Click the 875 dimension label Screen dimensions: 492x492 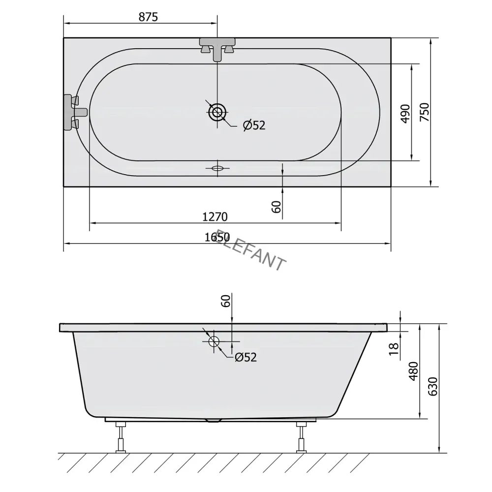pos(148,17)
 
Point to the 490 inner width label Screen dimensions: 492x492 pos(405,113)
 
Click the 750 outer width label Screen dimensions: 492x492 pos(425,112)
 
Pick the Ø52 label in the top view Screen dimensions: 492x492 pos(254,125)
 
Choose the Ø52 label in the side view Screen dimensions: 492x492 pos(246,358)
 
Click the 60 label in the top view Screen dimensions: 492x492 pos(277,207)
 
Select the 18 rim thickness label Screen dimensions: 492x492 pos(393,348)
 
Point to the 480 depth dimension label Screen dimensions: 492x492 pos(413,371)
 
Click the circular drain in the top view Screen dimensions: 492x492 pos(217,113)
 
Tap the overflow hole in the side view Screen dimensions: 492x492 pos(214,341)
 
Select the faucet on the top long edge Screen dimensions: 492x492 pos(217,48)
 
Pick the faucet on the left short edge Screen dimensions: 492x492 pos(74,112)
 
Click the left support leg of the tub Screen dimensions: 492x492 pos(120,436)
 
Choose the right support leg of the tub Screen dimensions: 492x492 pos(301,436)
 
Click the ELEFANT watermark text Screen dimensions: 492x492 pos(251,251)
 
